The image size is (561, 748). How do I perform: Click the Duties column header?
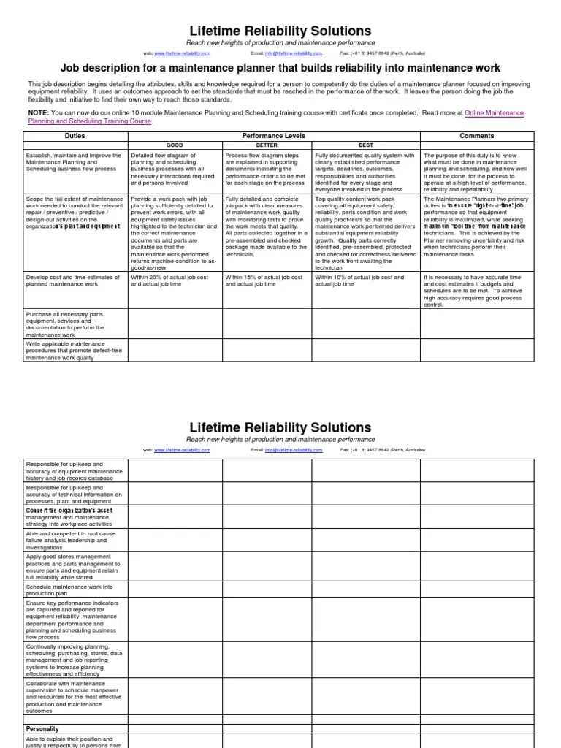pyautogui.click(x=75, y=136)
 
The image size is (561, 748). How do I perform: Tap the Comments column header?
pyautogui.click(x=477, y=136)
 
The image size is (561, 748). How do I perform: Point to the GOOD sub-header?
pyautogui.click(x=175, y=145)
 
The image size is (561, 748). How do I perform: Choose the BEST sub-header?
pyautogui.click(x=366, y=145)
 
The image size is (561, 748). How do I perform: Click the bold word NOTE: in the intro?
pyautogui.click(x=39, y=113)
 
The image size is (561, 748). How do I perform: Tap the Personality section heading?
pyautogui.click(x=42, y=729)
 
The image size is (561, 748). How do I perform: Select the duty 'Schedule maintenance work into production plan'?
pyautogui.click(x=69, y=589)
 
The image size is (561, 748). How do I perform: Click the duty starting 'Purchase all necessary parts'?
pyautogui.click(x=65, y=324)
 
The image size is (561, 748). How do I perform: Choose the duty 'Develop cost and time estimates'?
pyautogui.click(x=71, y=280)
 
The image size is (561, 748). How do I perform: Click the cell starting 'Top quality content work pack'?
pyautogui.click(x=365, y=232)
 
